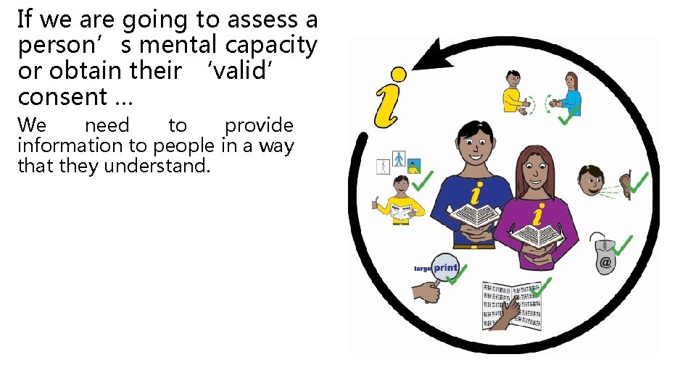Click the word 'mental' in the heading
[179, 46]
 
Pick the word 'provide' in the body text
[259, 126]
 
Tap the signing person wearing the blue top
[571, 94]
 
